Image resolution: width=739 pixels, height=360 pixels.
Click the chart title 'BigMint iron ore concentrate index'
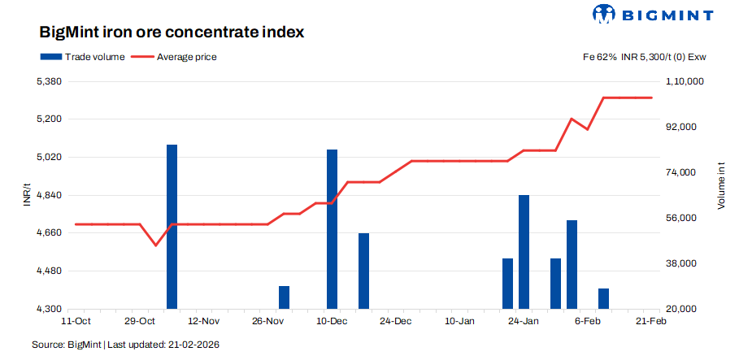172,33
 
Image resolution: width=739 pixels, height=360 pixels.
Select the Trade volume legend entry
82,57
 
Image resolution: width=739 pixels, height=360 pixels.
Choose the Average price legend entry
173,57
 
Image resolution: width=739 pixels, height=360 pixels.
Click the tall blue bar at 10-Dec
332,229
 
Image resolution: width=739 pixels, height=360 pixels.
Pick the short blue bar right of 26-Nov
284,297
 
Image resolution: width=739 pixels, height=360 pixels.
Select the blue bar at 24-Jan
524,252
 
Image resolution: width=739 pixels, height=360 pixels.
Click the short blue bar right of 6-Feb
603,298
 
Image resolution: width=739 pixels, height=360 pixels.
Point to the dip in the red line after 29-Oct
155,245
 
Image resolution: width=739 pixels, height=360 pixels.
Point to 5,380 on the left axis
50,82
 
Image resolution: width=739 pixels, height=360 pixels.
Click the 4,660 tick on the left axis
50,233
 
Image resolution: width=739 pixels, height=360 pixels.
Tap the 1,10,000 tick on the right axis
684,82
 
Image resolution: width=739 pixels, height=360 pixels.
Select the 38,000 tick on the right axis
681,264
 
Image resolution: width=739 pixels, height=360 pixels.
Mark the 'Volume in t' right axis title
720,186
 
